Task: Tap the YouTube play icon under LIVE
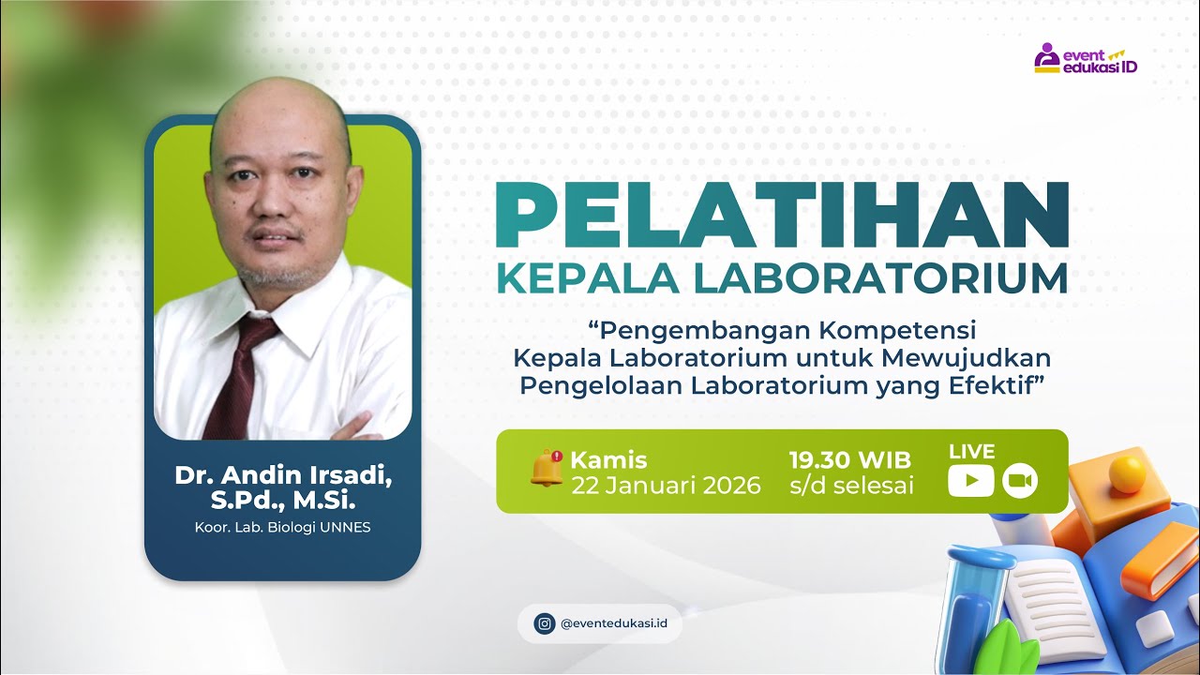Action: [970, 481]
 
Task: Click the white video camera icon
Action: [1019, 481]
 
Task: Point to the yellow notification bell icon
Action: [547, 467]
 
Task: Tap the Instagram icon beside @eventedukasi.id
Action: [545, 623]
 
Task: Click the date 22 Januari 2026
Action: [666, 486]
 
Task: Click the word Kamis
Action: [608, 460]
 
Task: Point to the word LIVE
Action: [971, 452]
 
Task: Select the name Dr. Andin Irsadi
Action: [282, 475]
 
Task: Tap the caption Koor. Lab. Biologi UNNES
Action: [282, 527]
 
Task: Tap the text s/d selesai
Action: [850, 486]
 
